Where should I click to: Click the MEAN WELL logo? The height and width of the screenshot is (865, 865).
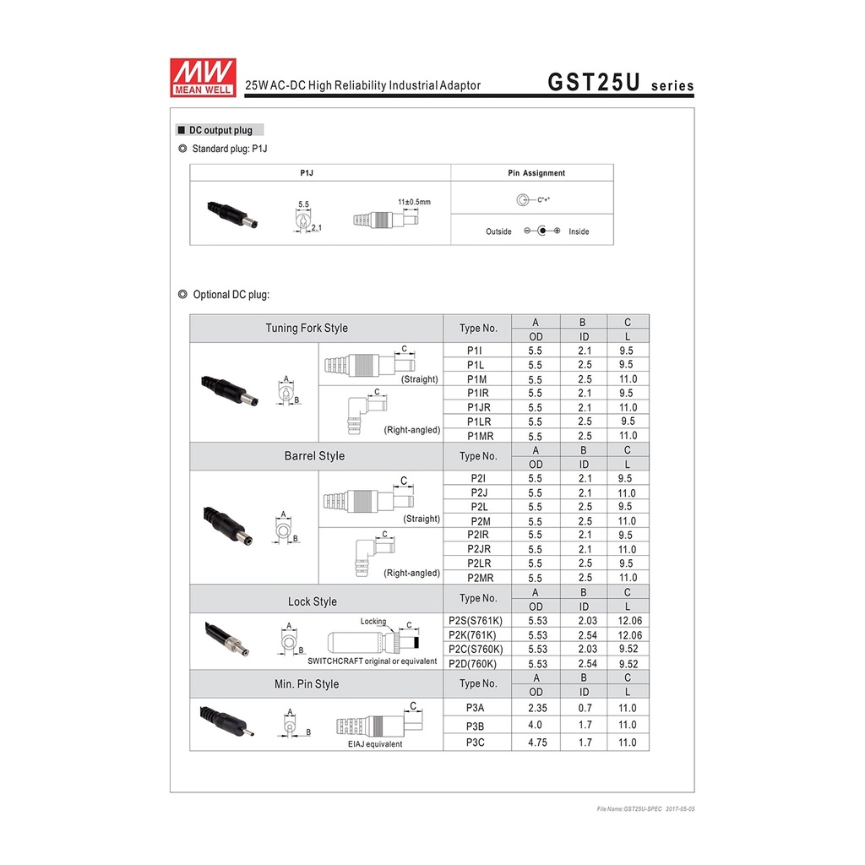pos(203,77)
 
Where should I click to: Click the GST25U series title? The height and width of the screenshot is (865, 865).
pos(621,82)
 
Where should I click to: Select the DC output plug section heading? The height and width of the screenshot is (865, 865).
pos(220,130)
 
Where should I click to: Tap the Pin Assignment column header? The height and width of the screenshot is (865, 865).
pos(536,172)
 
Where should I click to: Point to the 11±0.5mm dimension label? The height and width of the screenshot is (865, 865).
pos(414,202)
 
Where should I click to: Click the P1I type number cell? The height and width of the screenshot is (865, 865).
pos(475,351)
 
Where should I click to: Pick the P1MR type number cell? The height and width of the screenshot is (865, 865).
pos(480,436)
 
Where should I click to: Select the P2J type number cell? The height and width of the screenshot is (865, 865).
pos(479,492)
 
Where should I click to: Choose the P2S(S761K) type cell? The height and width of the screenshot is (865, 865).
pos(476,621)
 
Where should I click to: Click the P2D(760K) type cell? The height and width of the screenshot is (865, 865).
pos(472,664)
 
